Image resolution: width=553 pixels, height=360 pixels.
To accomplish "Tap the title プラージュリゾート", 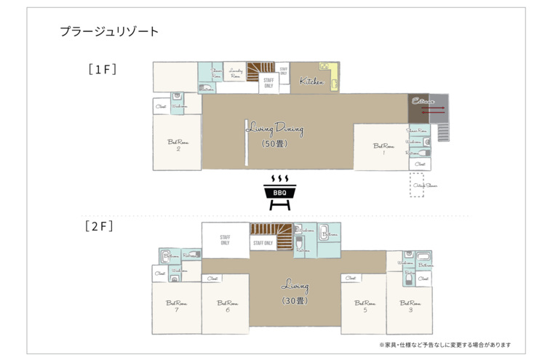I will pyautogui.click(x=109, y=32).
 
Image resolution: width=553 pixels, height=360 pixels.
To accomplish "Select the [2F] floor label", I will pyautogui.click(x=99, y=226).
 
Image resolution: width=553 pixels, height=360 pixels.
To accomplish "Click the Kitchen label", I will pyautogui.click(x=311, y=81).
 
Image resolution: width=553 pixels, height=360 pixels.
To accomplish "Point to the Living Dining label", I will pyautogui.click(x=274, y=129).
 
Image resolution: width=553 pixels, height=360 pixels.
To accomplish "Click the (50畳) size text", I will pyautogui.click(x=274, y=144).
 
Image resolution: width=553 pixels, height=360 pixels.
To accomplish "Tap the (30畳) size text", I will pyautogui.click(x=295, y=300).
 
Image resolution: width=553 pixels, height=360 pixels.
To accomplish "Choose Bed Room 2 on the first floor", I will pyautogui.click(x=178, y=145).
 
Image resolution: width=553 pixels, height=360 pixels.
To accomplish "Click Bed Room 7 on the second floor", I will pyautogui.click(x=176, y=306).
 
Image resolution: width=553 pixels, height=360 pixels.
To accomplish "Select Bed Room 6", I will pyautogui.click(x=227, y=306).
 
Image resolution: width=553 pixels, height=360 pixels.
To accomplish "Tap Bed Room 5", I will pyautogui.click(x=365, y=306).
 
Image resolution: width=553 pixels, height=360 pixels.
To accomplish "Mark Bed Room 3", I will pyautogui.click(x=410, y=306).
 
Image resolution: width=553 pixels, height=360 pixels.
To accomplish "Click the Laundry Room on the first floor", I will pyautogui.click(x=235, y=73).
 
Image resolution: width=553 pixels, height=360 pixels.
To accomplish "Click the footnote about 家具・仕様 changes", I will pyautogui.click(x=445, y=345).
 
